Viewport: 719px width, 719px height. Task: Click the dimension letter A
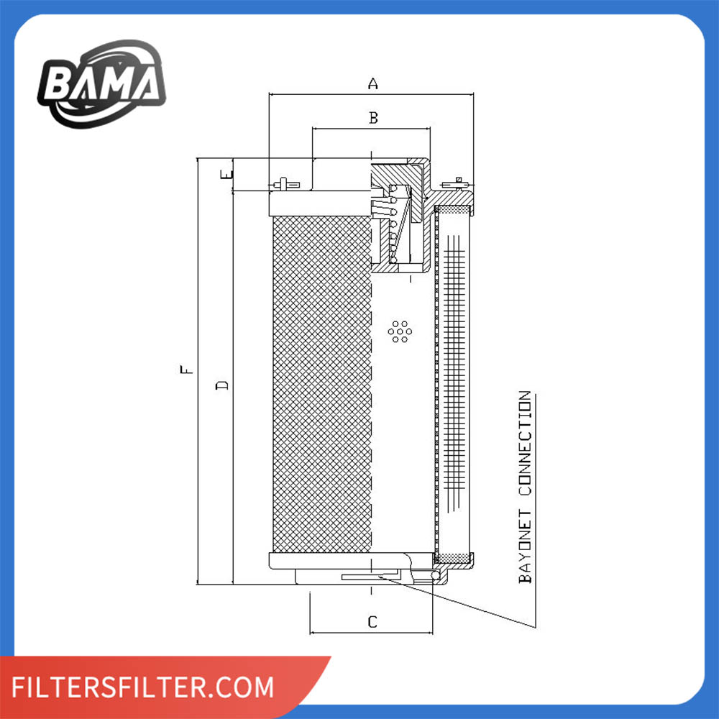[x=372, y=84]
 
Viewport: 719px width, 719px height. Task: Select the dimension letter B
[x=373, y=118]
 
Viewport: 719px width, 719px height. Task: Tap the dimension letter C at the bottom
[x=372, y=622]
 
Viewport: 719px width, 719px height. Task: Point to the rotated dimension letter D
[x=222, y=385]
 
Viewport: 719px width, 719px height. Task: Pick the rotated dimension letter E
[x=227, y=174]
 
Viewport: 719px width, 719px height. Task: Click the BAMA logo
[x=101, y=84]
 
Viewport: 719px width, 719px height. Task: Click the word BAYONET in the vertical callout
[x=525, y=546]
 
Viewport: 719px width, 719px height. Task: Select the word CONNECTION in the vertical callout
[x=525, y=443]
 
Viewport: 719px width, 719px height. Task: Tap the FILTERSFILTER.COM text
[x=142, y=687]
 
